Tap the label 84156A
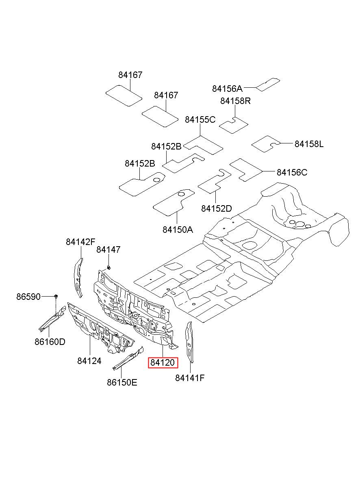[227, 89]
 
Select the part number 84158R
[235, 101]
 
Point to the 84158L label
[309, 144]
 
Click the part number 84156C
[292, 172]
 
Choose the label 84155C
[200, 120]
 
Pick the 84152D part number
[216, 208]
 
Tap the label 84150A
[178, 230]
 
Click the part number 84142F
[80, 242]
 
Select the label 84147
[108, 250]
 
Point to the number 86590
[28, 297]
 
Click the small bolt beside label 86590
[56, 297]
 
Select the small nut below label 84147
[109, 267]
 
